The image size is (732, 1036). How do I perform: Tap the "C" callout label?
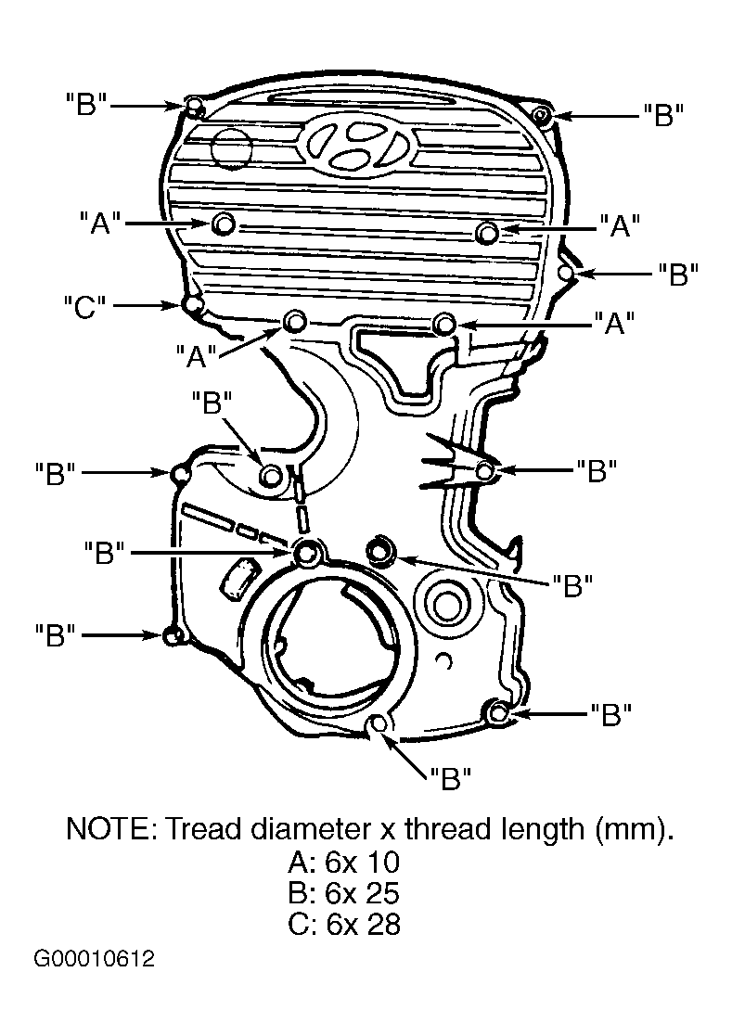[84, 307]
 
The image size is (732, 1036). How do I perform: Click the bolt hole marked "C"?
[192, 305]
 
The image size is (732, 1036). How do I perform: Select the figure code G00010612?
[95, 959]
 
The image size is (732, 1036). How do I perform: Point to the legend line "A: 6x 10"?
[343, 863]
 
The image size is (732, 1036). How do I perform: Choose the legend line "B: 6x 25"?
[343, 893]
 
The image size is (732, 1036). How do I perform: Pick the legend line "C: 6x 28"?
[343, 925]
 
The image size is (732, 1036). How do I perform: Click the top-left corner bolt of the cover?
[194, 106]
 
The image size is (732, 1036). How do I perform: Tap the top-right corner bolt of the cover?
[542, 116]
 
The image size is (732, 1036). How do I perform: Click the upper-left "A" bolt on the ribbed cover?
[224, 224]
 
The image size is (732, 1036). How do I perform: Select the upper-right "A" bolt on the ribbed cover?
[488, 233]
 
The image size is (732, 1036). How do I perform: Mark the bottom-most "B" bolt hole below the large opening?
[379, 724]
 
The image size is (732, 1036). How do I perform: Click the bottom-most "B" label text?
[450, 779]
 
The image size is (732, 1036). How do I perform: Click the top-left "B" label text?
[86, 105]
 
